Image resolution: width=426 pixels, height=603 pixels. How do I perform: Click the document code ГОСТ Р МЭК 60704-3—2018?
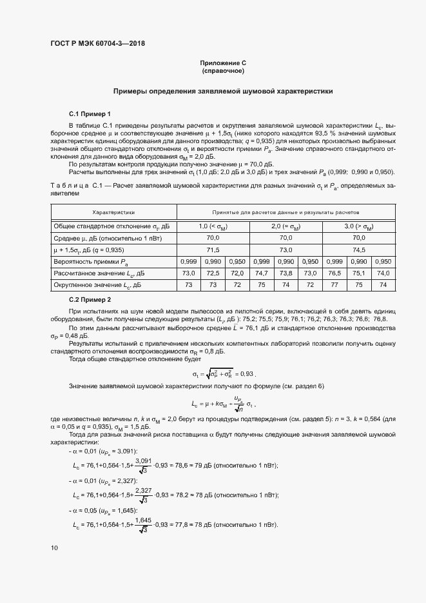point(97,44)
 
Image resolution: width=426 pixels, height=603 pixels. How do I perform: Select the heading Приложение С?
point(223,63)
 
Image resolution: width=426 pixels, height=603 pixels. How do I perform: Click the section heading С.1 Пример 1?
point(90,113)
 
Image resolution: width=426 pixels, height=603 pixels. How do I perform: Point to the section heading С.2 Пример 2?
point(90,300)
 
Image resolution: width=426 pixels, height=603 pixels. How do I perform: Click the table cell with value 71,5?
point(213,250)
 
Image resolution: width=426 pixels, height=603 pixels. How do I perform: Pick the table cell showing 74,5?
point(358,250)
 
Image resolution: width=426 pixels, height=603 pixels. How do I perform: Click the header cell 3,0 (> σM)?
point(358,226)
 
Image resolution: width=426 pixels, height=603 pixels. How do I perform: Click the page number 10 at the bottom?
point(54,548)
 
